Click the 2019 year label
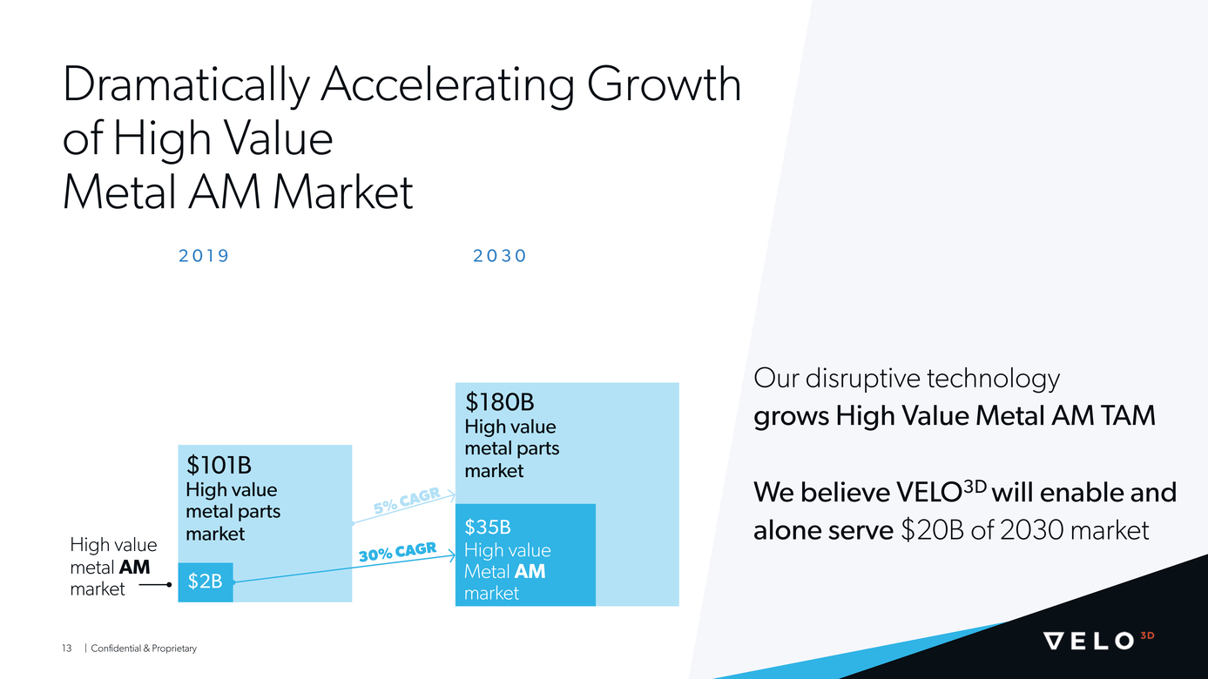[x=203, y=255]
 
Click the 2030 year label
[x=499, y=255]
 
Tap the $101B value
[x=219, y=465]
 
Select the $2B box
[x=206, y=582]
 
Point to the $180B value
[x=499, y=402]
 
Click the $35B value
[x=488, y=527]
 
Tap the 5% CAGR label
[x=407, y=501]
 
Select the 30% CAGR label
[x=397, y=553]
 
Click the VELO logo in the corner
[x=1098, y=640]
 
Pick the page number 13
[x=66, y=649]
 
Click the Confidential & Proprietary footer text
[x=144, y=649]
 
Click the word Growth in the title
[x=664, y=84]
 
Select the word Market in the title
[x=343, y=192]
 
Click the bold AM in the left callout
[x=134, y=568]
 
